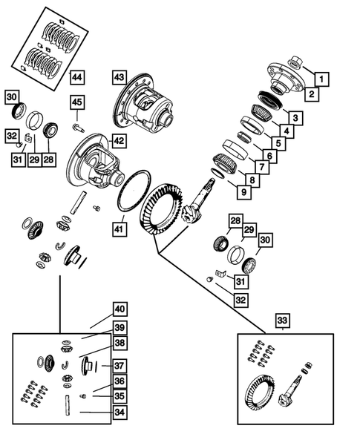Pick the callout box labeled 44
click(x=76, y=77)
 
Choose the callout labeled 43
click(x=120, y=77)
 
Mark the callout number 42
click(x=119, y=140)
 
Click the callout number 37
click(x=119, y=364)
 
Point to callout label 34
click(x=119, y=413)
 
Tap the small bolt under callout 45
click(x=78, y=127)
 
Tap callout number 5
click(x=278, y=143)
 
